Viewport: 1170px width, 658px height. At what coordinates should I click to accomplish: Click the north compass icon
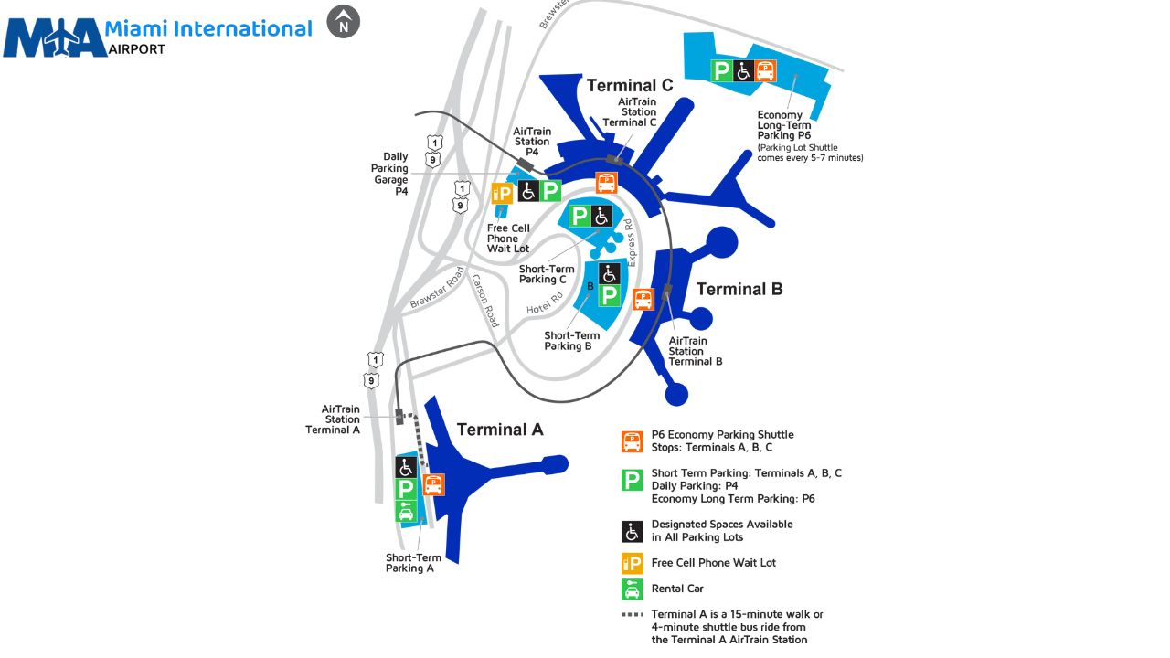pos(344,22)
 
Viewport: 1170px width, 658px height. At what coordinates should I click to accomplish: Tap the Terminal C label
pos(629,85)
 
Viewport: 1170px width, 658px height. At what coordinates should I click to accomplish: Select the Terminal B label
pos(739,289)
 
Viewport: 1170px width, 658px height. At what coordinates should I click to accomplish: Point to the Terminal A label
pos(500,430)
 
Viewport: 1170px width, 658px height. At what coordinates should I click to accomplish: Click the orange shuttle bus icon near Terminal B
pos(643,299)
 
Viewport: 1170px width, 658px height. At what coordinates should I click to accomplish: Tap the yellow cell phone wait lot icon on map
pos(502,192)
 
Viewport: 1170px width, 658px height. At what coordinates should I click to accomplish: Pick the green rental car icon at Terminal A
pos(406,512)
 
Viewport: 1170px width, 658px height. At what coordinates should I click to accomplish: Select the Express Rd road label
pos(630,243)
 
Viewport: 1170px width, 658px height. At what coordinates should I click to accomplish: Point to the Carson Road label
pos(485,302)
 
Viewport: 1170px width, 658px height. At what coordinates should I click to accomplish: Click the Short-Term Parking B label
pos(572,341)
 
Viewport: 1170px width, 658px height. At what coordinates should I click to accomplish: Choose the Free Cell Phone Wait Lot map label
pos(508,239)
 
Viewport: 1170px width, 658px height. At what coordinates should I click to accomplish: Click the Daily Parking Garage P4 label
pos(389,174)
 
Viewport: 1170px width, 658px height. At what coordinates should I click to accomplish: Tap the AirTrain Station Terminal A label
pos(333,419)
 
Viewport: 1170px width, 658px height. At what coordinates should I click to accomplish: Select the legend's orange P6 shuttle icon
pos(632,441)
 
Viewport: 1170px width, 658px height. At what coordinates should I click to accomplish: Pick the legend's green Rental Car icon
pos(632,589)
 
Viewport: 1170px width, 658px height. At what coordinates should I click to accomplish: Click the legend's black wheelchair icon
pos(632,531)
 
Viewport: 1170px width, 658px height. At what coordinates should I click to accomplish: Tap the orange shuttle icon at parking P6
pos(765,70)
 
